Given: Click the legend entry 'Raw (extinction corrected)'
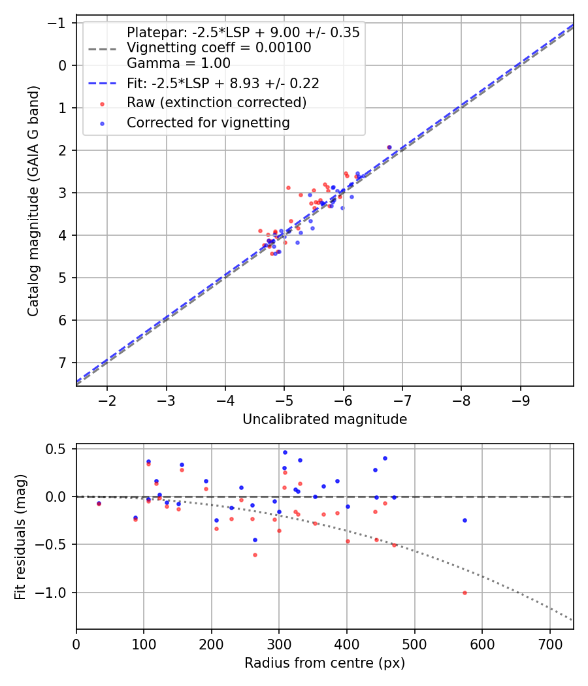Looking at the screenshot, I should pyautogui.click(x=216, y=103).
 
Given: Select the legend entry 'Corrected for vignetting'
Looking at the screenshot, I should pyautogui.click(x=208, y=122).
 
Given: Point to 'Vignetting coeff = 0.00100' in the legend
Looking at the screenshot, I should pyautogui.click(x=219, y=48).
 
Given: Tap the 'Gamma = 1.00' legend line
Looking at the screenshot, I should pyautogui.click(x=178, y=63).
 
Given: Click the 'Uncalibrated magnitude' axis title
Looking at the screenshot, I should pyautogui.click(x=325, y=419).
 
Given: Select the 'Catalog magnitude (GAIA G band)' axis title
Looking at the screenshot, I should pyautogui.click(x=33, y=204).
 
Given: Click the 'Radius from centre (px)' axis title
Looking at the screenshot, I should pyautogui.click(x=325, y=663).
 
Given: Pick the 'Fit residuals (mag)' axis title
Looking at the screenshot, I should pyautogui.click(x=20, y=536).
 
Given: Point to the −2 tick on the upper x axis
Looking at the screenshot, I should pyautogui.click(x=107, y=399).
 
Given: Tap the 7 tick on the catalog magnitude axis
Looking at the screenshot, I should pyautogui.click(x=63, y=363).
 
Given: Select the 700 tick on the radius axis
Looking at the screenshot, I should pyautogui.click(x=549, y=643).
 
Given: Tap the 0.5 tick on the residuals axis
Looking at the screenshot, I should pyautogui.click(x=57, y=449).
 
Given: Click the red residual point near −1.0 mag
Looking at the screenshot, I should pyautogui.click(x=465, y=593).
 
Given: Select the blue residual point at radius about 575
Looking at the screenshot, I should pyautogui.click(x=465, y=520).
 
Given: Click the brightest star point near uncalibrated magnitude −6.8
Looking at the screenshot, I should pyautogui.click(x=389, y=148).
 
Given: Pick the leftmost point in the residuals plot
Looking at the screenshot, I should pyautogui.click(x=99, y=504).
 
